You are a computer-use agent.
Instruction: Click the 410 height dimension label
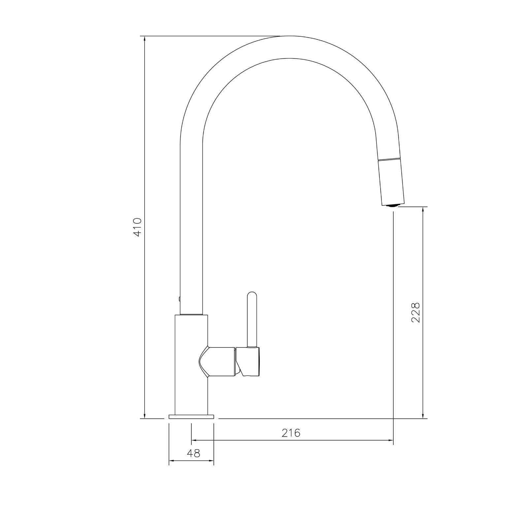pos(137,227)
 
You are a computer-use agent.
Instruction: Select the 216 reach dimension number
pos(291,433)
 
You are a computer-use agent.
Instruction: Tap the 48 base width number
pos(193,453)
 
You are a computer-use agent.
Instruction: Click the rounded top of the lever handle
pos(252,295)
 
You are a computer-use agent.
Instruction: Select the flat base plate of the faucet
pos(191,417)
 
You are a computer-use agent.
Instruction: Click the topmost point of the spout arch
pos(289,36)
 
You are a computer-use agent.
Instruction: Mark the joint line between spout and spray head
pos(389,159)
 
